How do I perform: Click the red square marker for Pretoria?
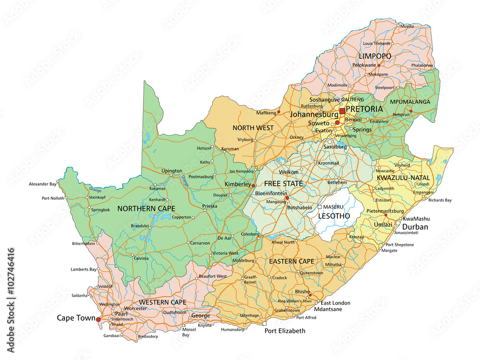coord(342,111)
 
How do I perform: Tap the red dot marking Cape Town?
coord(98,319)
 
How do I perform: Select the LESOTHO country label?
coord(335,216)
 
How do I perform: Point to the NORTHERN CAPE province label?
coord(146,208)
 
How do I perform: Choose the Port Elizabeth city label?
coord(285,331)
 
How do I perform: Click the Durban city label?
coord(415,227)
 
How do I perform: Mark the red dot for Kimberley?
coord(253,185)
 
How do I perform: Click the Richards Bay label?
coord(440,200)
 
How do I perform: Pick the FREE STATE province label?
coord(283,184)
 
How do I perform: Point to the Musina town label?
coord(407,26)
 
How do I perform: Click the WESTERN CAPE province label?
coord(162,302)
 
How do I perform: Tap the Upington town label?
coord(172,171)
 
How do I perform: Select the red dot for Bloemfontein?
coord(287,198)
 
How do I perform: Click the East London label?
coord(336,303)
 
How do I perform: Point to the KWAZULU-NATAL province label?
coord(403,178)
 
